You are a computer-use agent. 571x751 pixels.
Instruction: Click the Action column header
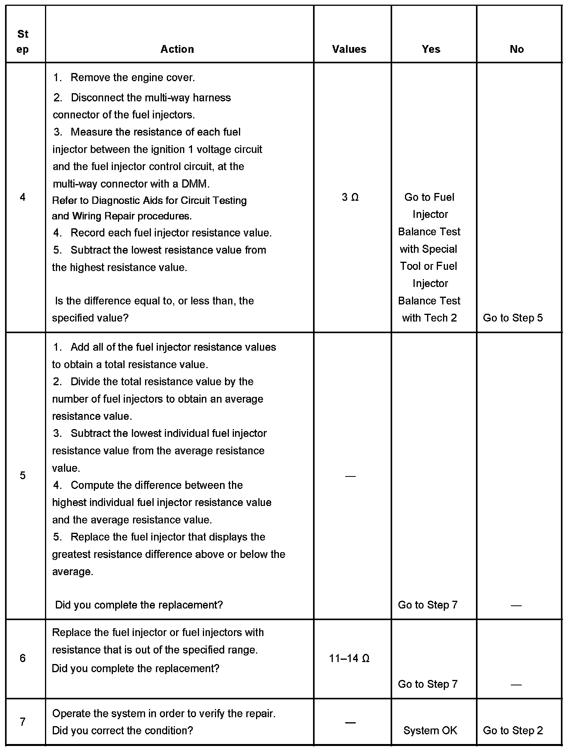[x=177, y=49]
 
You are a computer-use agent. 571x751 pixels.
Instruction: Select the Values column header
[x=349, y=49]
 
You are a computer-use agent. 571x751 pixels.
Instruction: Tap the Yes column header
[x=431, y=49]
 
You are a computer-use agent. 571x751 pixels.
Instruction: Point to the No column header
[x=517, y=49]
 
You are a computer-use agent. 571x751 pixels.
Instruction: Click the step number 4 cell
[x=22, y=197]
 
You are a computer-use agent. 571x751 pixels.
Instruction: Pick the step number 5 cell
[x=22, y=475]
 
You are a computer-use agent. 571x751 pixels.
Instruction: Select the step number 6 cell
[x=22, y=658]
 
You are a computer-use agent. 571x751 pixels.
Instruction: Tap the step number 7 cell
[x=22, y=722]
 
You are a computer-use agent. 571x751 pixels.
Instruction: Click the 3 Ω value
[x=350, y=197]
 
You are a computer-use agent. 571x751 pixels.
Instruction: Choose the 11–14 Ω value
[x=349, y=658]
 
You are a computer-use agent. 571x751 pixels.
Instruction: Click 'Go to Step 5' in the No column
[x=513, y=318]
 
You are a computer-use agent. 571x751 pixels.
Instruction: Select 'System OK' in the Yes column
[x=430, y=730]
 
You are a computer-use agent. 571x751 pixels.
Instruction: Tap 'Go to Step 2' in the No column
[x=513, y=730]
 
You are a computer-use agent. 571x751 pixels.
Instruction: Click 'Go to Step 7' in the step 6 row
[x=428, y=684]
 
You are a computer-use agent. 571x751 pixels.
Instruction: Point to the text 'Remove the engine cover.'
[x=133, y=78]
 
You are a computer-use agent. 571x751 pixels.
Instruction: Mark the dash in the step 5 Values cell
[x=350, y=476]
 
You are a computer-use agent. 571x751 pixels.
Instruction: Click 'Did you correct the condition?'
[x=123, y=730]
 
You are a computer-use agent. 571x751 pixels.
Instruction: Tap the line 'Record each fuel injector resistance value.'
[x=171, y=233]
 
